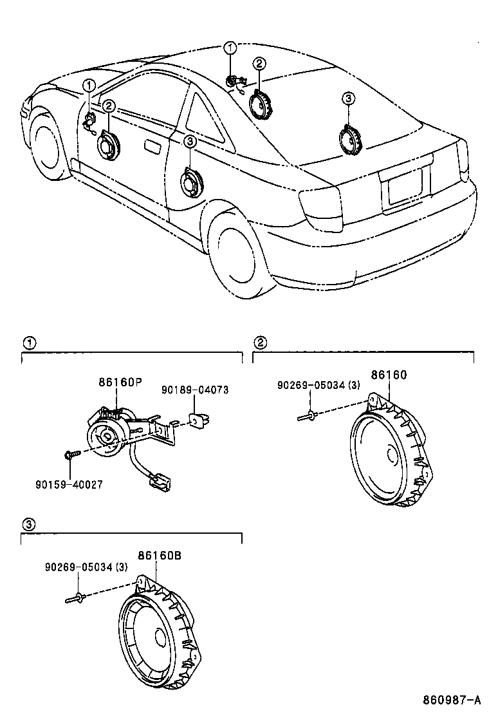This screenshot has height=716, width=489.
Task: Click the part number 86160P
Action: point(120,382)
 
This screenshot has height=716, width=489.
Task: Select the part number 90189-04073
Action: point(194,390)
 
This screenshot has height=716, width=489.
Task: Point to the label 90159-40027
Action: point(69,484)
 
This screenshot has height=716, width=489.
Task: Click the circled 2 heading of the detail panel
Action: point(261,342)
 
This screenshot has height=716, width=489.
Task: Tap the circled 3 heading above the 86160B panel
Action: point(28,524)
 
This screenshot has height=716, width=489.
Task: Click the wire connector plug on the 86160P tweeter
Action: point(156,478)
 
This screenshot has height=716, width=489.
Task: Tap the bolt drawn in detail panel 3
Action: point(75,599)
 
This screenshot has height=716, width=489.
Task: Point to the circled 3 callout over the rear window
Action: point(347,99)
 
